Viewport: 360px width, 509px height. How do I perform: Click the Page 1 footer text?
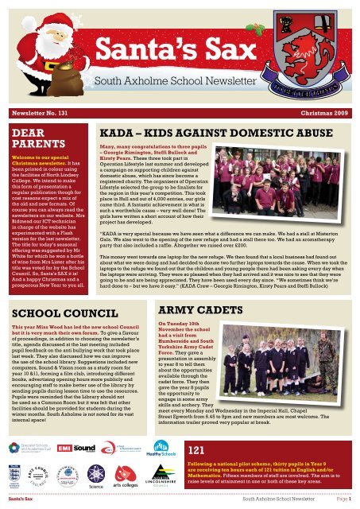tap(346, 499)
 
